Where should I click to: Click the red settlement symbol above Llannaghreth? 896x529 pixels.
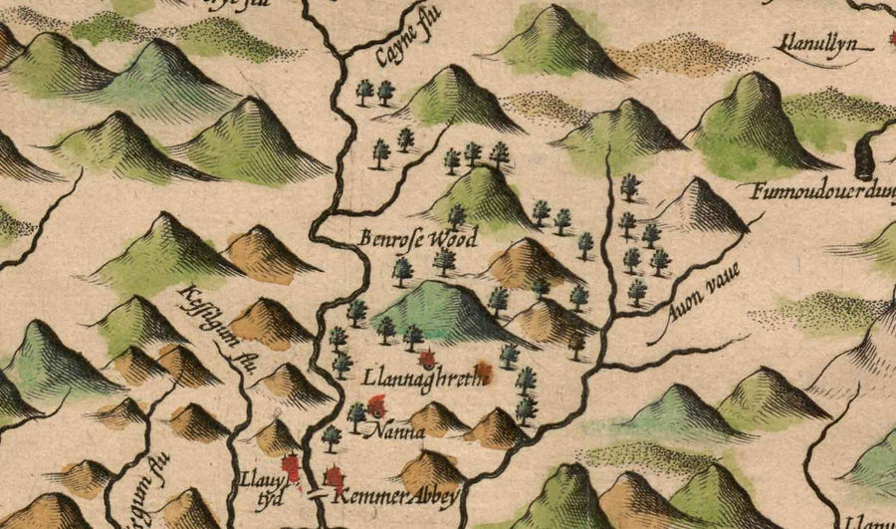click(429, 359)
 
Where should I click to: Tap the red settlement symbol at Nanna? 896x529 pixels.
click(377, 404)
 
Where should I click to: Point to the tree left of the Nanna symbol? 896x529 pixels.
click(357, 412)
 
